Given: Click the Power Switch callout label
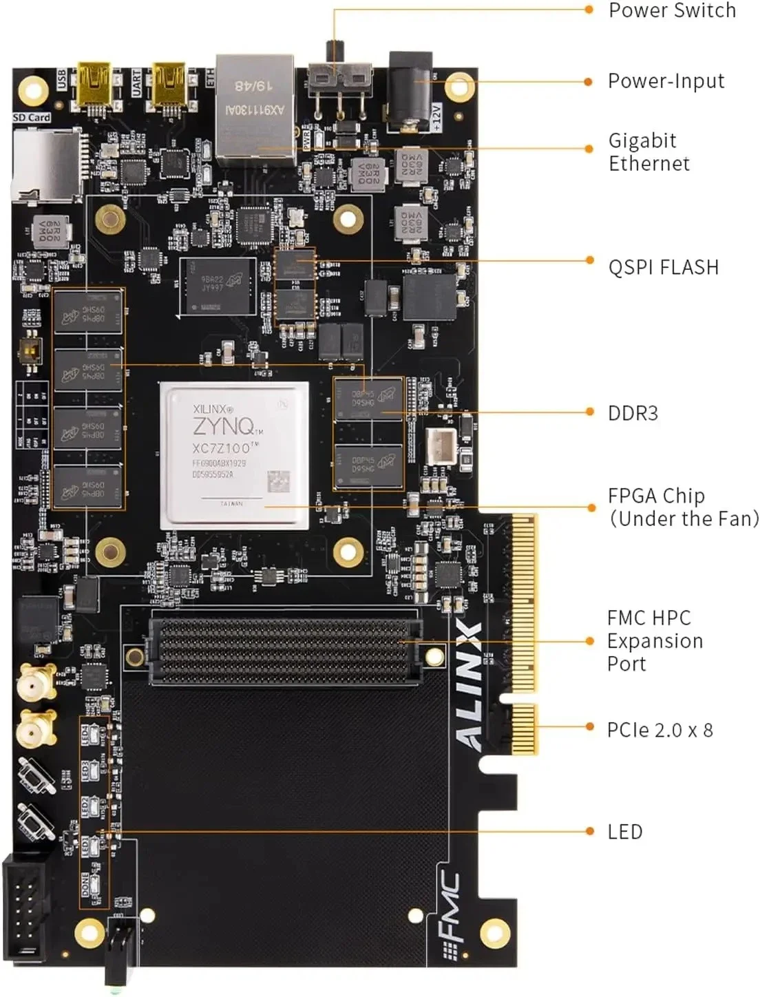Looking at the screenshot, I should [x=672, y=11].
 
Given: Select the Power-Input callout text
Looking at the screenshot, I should [x=666, y=81].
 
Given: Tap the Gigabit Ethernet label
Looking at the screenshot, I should [x=648, y=152].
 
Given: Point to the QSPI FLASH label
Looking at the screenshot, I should [x=663, y=267].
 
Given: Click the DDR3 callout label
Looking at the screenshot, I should [x=633, y=413].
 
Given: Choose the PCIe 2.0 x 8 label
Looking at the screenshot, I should [x=659, y=730].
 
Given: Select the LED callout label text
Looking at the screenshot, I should [x=624, y=832].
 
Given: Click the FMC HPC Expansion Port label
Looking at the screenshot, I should [x=654, y=641].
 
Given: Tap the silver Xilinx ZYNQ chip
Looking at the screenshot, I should [x=234, y=455].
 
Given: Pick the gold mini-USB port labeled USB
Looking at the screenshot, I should [x=94, y=84].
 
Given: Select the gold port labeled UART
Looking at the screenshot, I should [x=169, y=84].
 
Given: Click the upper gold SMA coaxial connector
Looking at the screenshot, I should [x=36, y=684].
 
